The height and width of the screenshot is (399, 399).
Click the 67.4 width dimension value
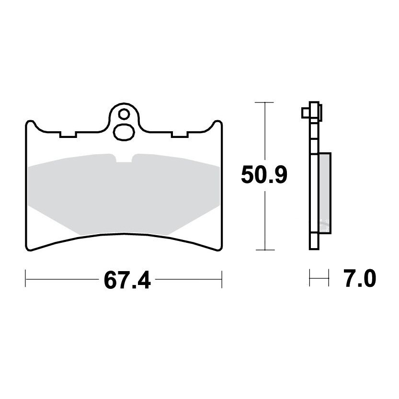click(x=127, y=280)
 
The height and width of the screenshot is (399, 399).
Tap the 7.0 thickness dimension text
click(x=360, y=278)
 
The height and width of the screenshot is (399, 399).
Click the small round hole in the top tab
click(x=124, y=114)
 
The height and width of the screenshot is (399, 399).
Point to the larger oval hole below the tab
click(x=124, y=132)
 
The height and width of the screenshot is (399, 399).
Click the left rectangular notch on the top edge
click(x=68, y=135)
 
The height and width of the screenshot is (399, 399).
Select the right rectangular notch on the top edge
click(x=180, y=135)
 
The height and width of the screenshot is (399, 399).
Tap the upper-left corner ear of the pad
click(x=30, y=124)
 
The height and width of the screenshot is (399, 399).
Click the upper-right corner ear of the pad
click(x=218, y=124)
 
